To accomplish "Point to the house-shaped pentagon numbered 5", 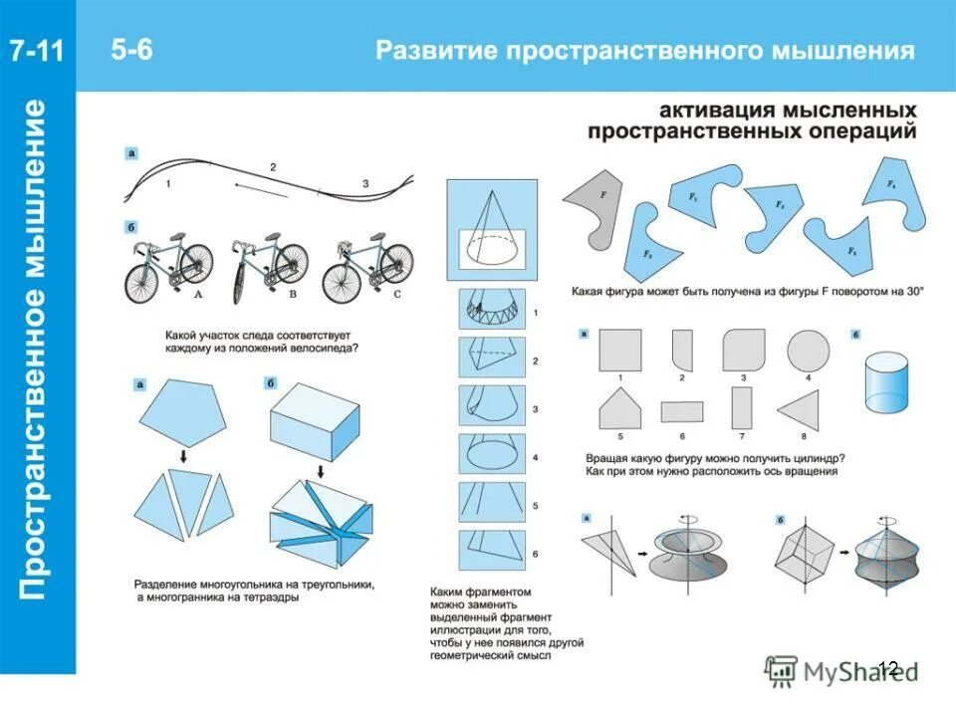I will coord(619,409).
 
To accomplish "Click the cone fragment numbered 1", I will coord(491,313).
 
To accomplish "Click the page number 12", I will coord(888,668).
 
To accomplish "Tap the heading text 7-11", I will coord(38,51).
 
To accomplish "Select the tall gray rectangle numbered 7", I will coord(742,407).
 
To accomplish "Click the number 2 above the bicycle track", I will coord(272,166).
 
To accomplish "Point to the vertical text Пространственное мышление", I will coord(37,349).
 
